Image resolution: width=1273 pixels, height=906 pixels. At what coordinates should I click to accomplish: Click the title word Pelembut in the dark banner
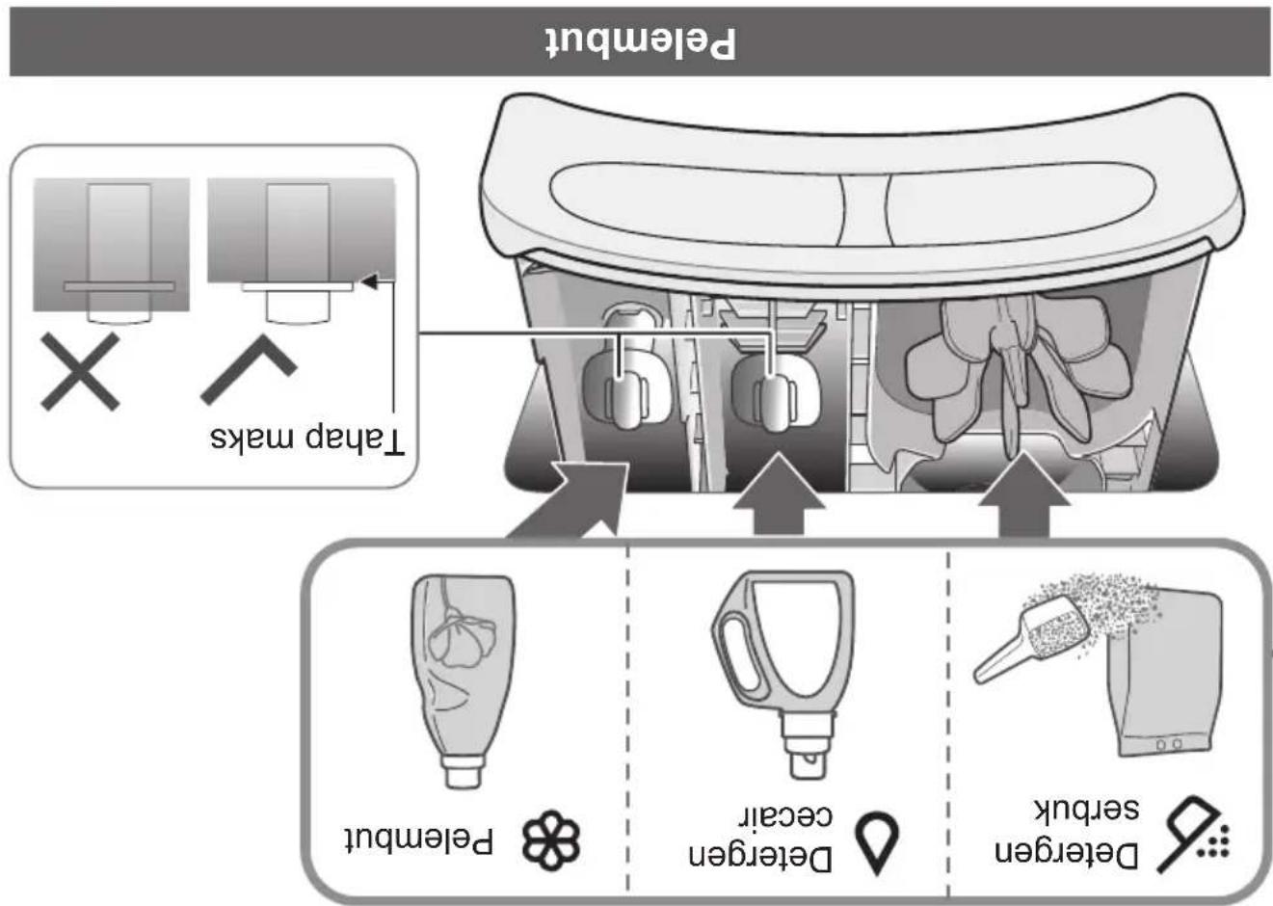coord(641,42)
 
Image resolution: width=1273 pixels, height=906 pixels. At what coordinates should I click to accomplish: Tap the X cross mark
coord(80,372)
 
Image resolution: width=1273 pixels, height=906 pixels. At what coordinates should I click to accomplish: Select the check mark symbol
coord(249,370)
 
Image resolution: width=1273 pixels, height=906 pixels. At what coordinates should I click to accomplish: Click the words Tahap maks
coord(307,440)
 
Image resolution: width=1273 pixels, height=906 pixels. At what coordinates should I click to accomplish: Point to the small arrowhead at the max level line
coord(369,281)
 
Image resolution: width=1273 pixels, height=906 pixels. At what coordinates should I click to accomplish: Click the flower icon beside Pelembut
coord(551,840)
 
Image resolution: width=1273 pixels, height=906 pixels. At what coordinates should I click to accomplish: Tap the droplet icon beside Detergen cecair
coord(878,843)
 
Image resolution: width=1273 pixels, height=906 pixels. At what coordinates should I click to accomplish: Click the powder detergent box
coord(1164,675)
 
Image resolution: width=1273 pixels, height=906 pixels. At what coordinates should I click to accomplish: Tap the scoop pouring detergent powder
coord(1031,639)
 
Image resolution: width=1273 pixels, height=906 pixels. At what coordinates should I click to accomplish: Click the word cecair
coord(786,816)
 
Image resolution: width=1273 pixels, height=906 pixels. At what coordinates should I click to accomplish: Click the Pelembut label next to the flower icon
coord(419,840)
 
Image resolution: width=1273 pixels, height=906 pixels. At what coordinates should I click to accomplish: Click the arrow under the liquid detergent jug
coord(780,493)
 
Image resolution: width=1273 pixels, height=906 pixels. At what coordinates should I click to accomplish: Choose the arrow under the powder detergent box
coord(1024,493)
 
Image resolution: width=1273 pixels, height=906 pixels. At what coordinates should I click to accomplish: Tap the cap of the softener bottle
coord(463,771)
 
